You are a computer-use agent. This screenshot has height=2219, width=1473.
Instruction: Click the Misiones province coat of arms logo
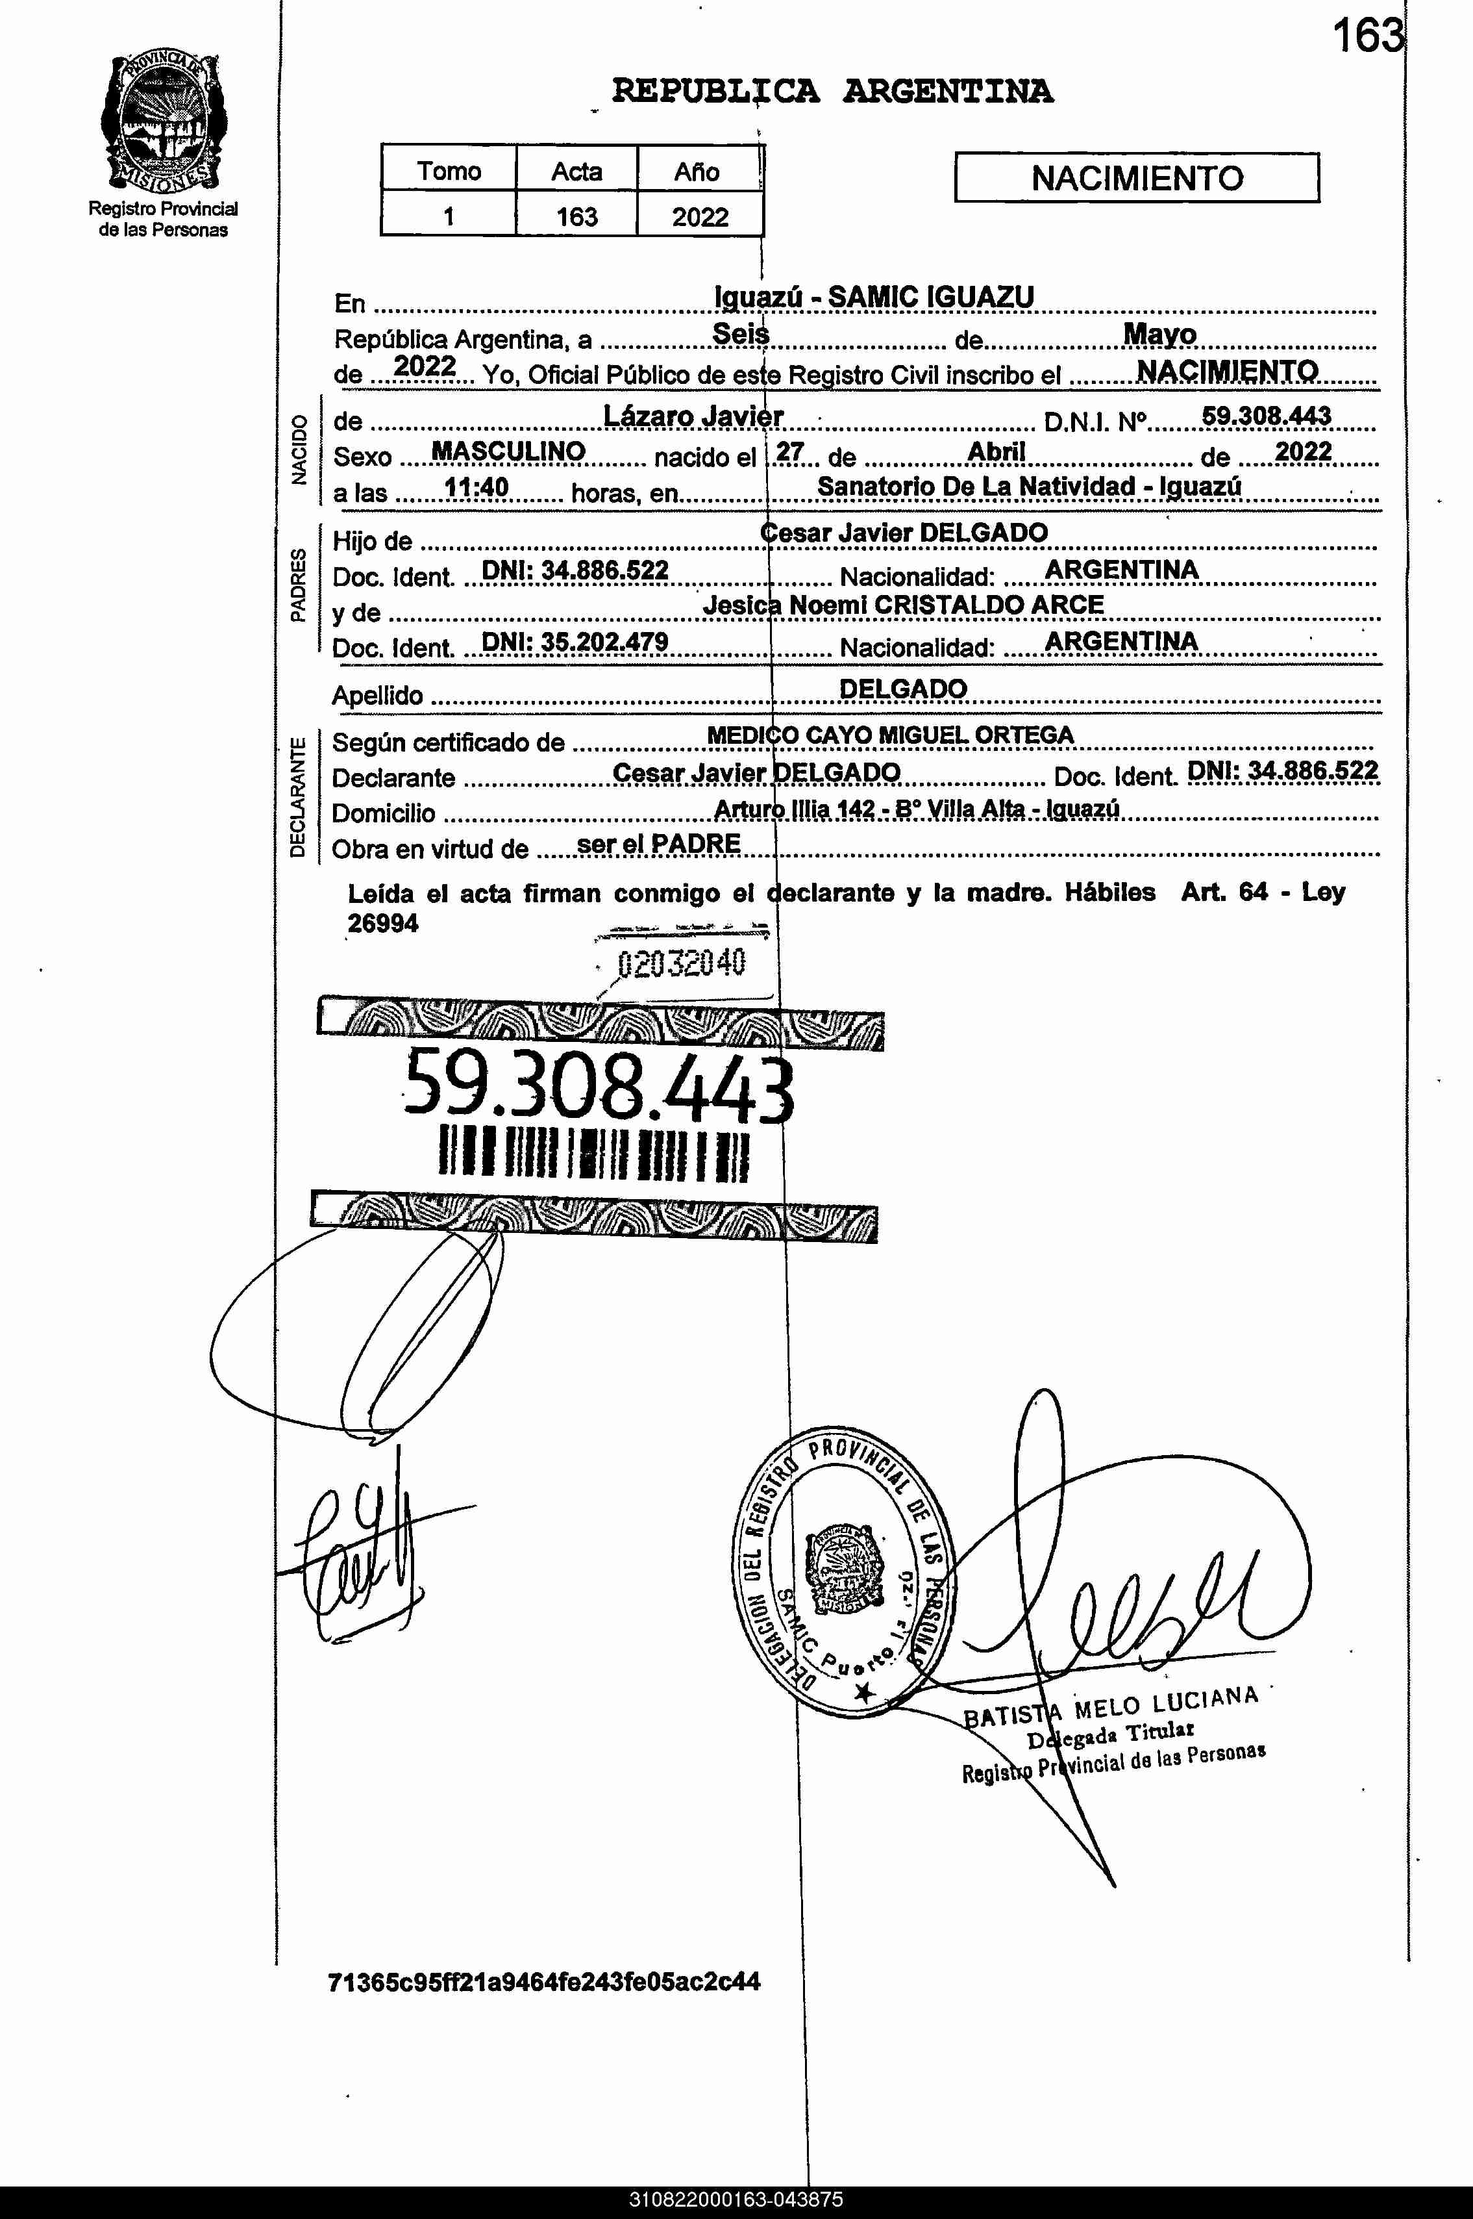pyautogui.click(x=162, y=122)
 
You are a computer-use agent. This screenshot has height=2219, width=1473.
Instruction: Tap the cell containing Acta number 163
pyautogui.click(x=576, y=216)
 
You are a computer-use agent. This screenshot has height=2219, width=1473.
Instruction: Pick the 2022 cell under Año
pyautogui.click(x=700, y=217)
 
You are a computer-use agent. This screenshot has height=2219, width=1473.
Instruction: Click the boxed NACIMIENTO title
pyautogui.click(x=1137, y=177)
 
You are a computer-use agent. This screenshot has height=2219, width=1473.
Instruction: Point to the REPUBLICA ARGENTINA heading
pyautogui.click(x=832, y=91)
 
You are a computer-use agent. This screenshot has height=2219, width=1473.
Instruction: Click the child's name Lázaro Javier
pyautogui.click(x=693, y=416)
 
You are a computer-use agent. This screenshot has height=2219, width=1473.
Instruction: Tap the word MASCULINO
pyautogui.click(x=508, y=452)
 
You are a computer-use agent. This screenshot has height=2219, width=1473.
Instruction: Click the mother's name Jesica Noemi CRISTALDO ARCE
pyautogui.click(x=903, y=605)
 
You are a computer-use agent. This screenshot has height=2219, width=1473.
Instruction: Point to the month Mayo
pyautogui.click(x=1159, y=334)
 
